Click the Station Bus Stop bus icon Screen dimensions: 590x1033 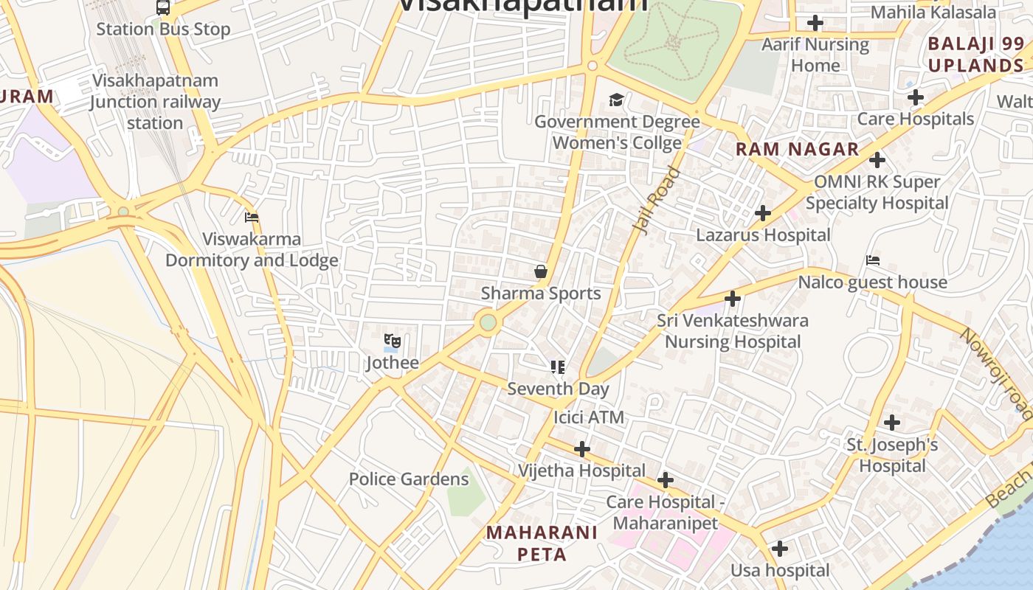163,8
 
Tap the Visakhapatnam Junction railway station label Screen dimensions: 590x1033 155,102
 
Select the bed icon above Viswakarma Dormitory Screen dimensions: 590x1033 252,218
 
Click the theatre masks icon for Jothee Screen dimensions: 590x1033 393,341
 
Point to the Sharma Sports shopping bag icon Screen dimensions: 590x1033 541,271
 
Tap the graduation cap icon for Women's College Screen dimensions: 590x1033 616,100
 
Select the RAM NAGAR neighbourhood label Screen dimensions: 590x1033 798,149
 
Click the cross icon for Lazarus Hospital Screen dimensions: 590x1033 763,214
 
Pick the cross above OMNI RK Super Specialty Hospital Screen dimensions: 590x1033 877,160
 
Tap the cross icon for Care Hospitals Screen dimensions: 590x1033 916,97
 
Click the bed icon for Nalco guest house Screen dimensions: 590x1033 873,260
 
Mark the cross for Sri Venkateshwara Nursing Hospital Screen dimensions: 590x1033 733,299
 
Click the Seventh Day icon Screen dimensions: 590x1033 558,367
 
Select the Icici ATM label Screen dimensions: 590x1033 589,417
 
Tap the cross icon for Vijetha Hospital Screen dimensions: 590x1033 582,448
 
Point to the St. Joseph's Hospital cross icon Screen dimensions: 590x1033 892,423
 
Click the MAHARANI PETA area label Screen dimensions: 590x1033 542,543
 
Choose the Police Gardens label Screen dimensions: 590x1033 409,479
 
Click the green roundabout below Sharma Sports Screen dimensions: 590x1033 488,322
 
